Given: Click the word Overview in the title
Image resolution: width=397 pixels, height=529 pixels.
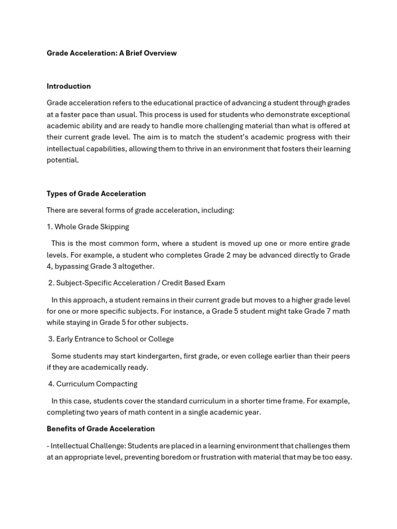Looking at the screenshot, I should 159,53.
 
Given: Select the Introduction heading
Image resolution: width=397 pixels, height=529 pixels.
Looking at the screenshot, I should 69,86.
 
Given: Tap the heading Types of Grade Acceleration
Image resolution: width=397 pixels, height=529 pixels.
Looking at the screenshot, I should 96,194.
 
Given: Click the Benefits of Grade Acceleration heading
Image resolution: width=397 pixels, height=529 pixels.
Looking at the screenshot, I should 101,429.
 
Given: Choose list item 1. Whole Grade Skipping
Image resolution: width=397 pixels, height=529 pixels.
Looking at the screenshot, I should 88,227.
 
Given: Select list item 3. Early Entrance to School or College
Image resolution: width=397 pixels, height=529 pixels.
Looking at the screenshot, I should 111,339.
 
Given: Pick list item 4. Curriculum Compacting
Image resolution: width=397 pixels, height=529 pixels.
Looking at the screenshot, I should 93,384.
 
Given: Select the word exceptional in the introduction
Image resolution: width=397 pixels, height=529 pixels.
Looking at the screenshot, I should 328,115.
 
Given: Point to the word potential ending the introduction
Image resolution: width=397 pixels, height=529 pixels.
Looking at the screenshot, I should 63,160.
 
